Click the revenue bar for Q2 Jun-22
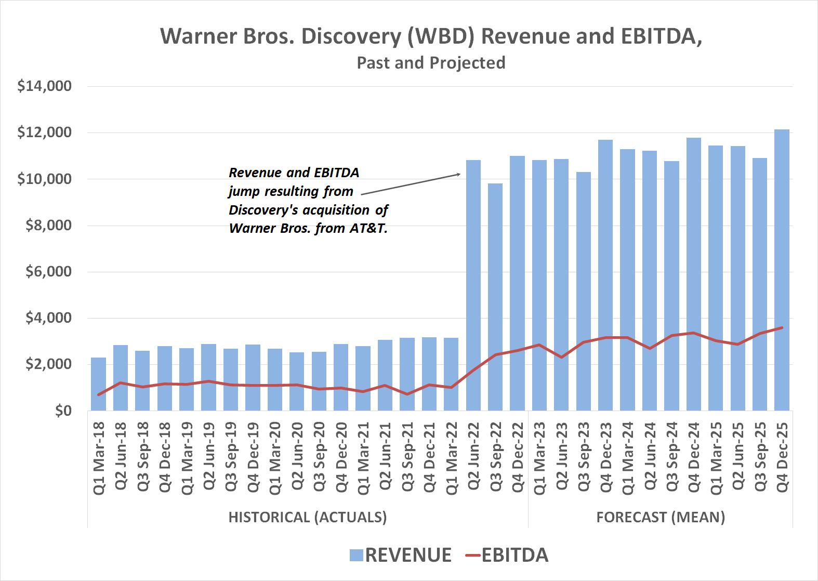473,285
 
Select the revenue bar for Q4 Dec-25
782,270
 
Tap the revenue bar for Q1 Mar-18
98,384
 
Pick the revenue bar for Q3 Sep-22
495,297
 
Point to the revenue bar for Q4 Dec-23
605,275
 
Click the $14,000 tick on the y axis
45,86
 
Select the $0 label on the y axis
63,411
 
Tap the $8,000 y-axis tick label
49,225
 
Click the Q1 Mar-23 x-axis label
539,458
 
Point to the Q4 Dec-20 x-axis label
341,458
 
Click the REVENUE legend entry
401,555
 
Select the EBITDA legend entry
507,555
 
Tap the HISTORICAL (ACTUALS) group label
308,518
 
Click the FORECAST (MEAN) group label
661,518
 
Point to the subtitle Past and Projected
431,63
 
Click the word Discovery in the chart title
351,36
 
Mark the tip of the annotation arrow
460,174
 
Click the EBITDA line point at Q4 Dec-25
782,327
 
